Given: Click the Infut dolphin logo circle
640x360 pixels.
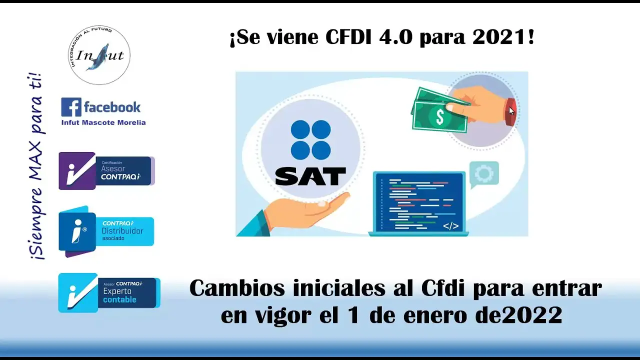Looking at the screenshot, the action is pyautogui.click(x=99, y=55).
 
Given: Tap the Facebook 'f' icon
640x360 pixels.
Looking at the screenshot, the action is pyautogui.click(x=71, y=107).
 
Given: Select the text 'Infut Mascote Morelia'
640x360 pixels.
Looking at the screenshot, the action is pyautogui.click(x=103, y=122).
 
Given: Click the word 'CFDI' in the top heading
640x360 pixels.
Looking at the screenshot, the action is pyautogui.click(x=348, y=37).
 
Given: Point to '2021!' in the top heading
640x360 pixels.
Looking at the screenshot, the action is pyautogui.click(x=503, y=37).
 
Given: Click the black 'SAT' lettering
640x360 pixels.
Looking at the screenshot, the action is pyautogui.click(x=310, y=176).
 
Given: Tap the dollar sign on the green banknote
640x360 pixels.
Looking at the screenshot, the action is pyautogui.click(x=440, y=117).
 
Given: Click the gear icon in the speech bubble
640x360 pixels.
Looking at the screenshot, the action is pyautogui.click(x=484, y=173).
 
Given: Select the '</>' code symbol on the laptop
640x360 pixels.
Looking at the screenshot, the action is pyautogui.click(x=451, y=226).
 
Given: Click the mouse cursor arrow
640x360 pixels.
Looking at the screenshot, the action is pyautogui.click(x=511, y=111).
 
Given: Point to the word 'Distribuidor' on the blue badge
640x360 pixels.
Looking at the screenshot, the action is pyautogui.click(x=122, y=231).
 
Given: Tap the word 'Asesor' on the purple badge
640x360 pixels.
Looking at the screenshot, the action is pyautogui.click(x=113, y=169).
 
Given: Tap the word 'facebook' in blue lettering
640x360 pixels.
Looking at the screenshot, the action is pyautogui.click(x=112, y=107).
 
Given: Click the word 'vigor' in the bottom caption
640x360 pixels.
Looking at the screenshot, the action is pyautogui.click(x=283, y=316).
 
